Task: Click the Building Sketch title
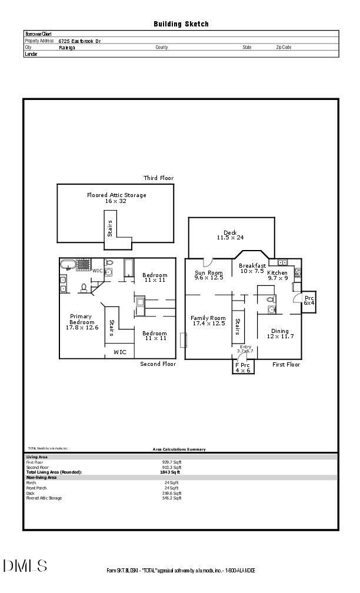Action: [x=181, y=24]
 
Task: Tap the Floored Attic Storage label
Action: [x=116, y=198]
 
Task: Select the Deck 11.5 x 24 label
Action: [x=230, y=235]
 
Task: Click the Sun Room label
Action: [x=209, y=275]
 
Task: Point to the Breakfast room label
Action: [x=252, y=268]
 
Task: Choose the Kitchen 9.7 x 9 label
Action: [x=278, y=275]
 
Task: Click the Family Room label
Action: [x=208, y=321]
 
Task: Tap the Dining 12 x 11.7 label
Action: [x=280, y=334]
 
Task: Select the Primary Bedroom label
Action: [x=82, y=322]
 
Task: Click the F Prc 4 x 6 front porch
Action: [x=243, y=368]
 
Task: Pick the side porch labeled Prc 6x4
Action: [x=309, y=301]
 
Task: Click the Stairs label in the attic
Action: [x=110, y=228]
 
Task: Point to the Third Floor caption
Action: [x=158, y=178]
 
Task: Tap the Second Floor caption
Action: [x=158, y=364]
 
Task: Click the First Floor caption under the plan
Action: [x=286, y=365]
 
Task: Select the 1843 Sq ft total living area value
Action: [x=170, y=472]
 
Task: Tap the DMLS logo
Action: [x=25, y=567]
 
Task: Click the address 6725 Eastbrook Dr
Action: [x=79, y=41]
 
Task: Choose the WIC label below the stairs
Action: [x=120, y=352]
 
